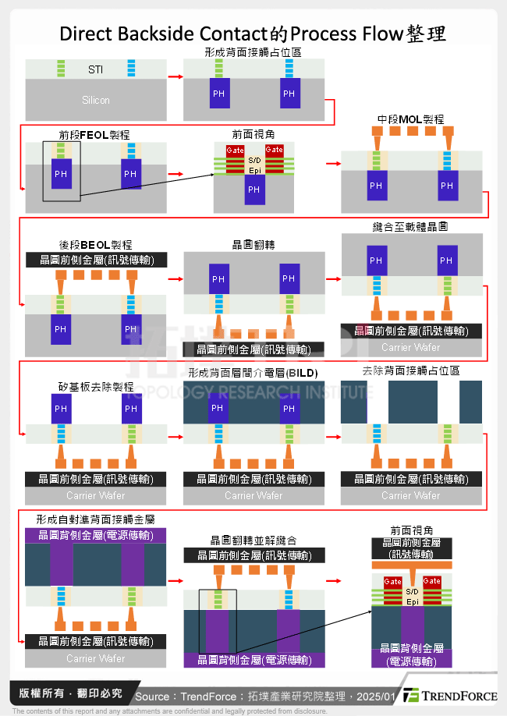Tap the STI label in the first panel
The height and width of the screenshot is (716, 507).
coord(95,69)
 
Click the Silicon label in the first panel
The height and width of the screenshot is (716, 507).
coord(95,100)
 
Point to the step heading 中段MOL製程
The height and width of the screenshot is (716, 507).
coord(410,119)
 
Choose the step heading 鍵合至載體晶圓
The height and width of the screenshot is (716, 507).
coord(410,226)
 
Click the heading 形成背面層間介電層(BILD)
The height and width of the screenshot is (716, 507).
coord(253,374)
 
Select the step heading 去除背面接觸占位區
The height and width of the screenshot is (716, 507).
coord(410,371)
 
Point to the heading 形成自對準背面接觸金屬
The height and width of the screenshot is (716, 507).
coord(95,519)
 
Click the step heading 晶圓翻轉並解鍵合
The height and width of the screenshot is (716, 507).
coord(253,540)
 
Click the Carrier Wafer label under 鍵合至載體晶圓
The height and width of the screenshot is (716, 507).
coord(410,347)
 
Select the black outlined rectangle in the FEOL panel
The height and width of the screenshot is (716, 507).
coord(62,172)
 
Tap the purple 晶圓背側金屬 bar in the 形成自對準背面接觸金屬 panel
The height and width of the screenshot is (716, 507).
coord(95,535)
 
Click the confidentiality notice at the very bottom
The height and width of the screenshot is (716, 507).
coord(169,711)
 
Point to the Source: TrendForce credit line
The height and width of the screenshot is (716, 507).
coord(265,696)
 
